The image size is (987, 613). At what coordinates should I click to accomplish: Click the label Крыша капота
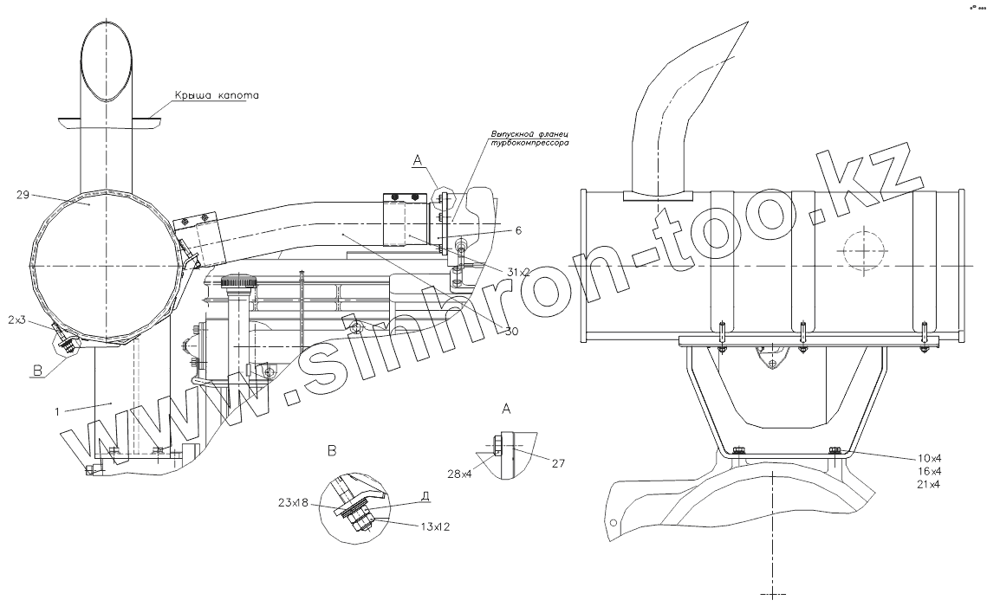coord(217,95)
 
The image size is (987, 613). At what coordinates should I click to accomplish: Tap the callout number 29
coord(23,196)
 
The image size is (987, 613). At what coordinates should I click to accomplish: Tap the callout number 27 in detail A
coord(558,464)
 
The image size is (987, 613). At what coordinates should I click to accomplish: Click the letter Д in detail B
coord(424,495)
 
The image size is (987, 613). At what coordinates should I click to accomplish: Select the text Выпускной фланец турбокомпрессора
coord(529,141)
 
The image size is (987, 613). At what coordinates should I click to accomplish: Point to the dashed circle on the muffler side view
coord(863,250)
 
